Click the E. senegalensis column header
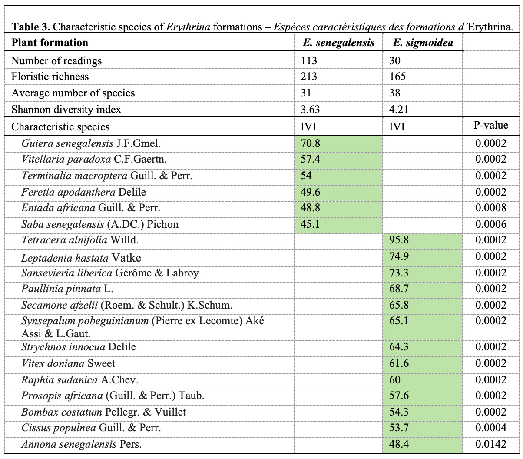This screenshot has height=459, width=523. [x=338, y=43]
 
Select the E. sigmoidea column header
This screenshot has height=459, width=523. [x=417, y=43]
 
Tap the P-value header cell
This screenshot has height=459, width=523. [x=490, y=126]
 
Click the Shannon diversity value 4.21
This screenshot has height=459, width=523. [x=399, y=110]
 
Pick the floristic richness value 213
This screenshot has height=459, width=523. [x=309, y=76]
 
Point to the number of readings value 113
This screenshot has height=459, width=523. [x=309, y=60]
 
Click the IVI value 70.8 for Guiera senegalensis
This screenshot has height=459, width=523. [x=310, y=143]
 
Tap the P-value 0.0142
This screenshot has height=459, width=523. [x=490, y=444]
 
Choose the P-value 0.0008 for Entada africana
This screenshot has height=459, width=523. [x=490, y=208]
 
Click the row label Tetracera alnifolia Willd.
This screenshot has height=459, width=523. [x=80, y=240]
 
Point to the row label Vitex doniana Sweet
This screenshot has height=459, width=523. [x=68, y=363]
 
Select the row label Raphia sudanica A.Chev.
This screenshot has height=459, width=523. [x=79, y=380]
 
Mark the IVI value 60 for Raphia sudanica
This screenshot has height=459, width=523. [x=395, y=380]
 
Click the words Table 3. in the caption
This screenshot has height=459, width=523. [x=31, y=27]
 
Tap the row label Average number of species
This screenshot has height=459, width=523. [x=73, y=93]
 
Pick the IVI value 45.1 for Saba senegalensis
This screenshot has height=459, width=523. [x=310, y=224]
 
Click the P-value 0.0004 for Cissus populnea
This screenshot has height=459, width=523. [x=490, y=428]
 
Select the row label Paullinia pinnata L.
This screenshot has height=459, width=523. [x=67, y=289]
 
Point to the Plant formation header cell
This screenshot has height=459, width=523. [x=50, y=43]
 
